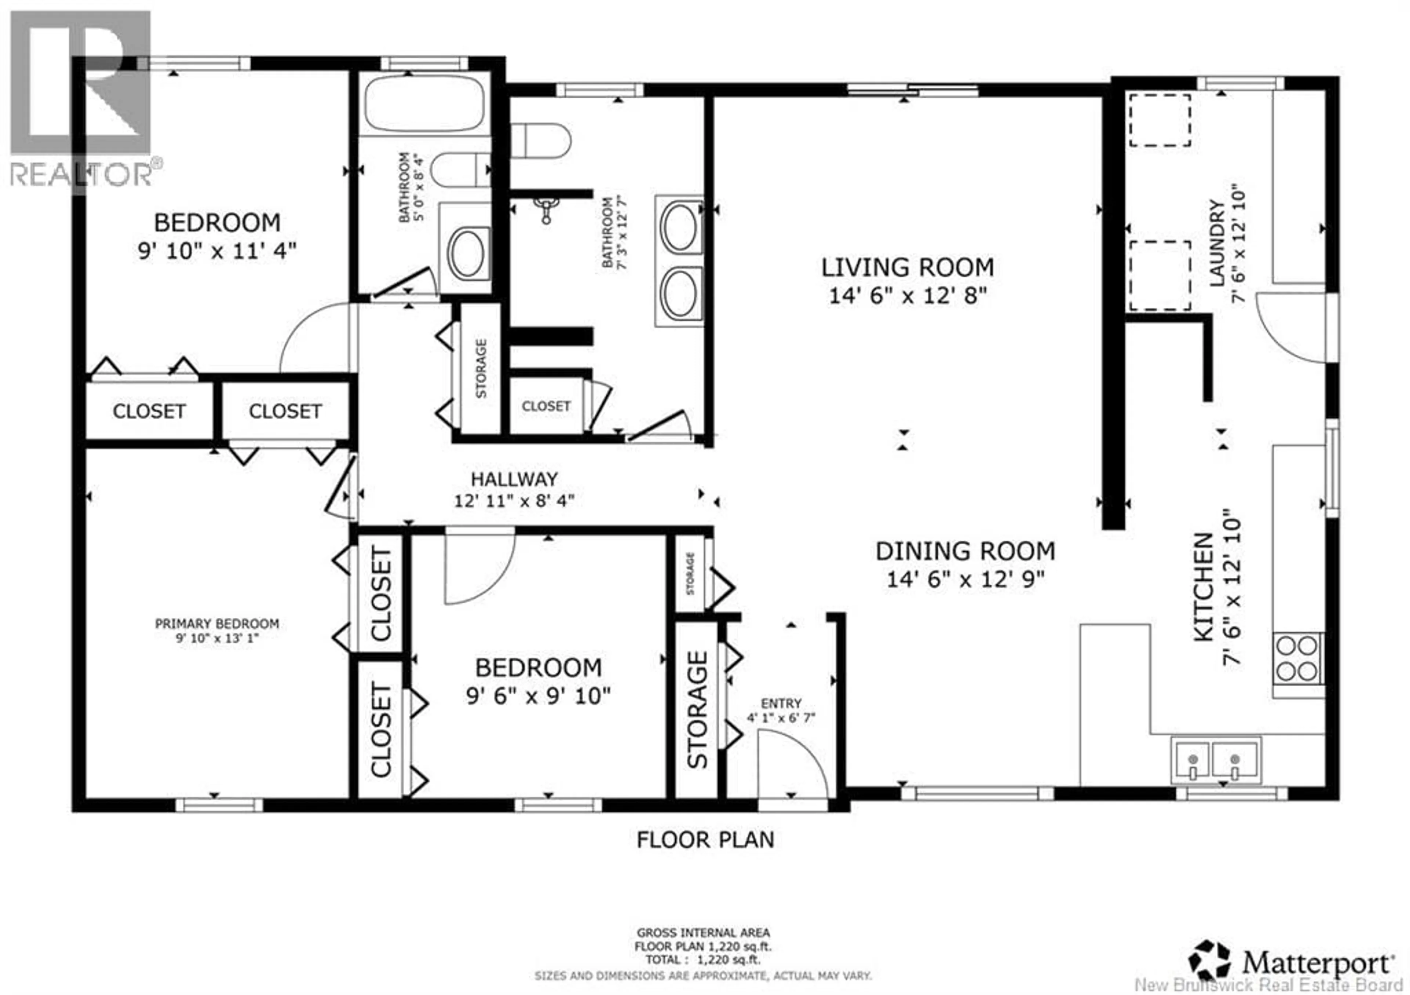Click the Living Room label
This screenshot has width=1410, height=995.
click(x=908, y=268)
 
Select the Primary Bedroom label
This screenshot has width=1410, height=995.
click(x=217, y=624)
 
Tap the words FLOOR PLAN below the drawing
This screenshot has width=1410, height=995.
click(x=705, y=840)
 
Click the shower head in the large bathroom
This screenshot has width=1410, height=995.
click(x=545, y=209)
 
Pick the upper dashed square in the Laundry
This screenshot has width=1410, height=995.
click(x=1160, y=120)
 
